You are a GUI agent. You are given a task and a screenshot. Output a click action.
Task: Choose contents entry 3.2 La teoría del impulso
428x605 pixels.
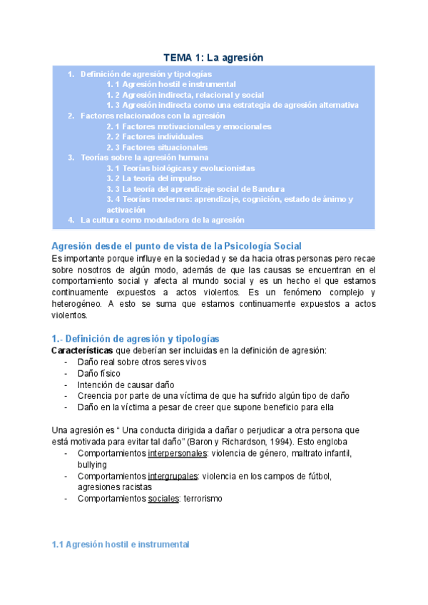[153, 178]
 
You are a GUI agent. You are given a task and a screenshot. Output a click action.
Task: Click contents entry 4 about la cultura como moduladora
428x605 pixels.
[162, 220]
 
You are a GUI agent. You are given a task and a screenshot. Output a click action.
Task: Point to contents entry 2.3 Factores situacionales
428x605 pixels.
[157, 147]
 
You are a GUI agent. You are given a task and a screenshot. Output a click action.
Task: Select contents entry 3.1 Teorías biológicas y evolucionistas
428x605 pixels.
[180, 168]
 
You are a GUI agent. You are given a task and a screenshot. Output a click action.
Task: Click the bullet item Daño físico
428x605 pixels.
[99, 372]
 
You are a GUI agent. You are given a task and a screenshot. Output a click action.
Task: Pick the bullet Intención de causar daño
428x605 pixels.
[117, 384]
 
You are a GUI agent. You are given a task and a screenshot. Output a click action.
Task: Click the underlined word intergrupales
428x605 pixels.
[173, 476]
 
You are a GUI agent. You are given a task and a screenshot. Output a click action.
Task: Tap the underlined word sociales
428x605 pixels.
[163, 499]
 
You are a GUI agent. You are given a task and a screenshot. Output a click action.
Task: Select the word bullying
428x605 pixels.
[92, 464]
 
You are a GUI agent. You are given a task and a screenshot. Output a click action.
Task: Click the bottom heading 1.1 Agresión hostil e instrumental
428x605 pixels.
[121, 544]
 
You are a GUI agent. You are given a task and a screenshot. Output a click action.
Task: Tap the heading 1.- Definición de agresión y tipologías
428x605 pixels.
[136, 338]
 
